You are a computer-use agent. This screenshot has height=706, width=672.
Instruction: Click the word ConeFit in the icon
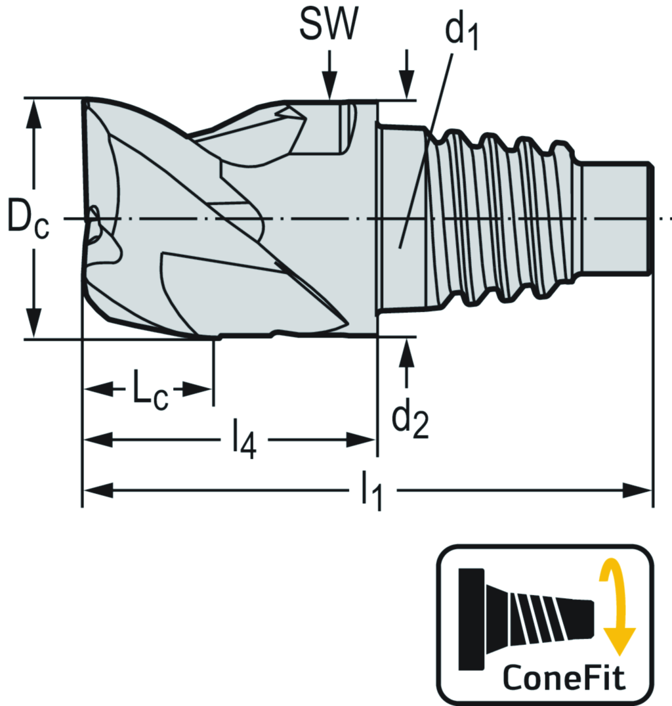[564, 677]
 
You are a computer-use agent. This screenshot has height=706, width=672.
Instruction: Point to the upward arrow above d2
[408, 355]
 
